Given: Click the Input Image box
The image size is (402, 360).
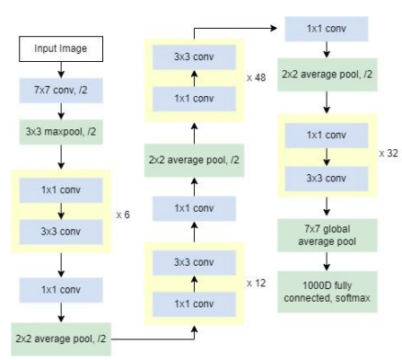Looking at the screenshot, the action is click(x=61, y=49).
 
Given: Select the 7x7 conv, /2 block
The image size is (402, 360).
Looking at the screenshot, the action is click(x=61, y=91).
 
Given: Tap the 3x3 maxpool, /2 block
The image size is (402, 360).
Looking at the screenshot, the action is click(x=61, y=132).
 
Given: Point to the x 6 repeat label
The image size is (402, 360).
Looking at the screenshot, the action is click(x=123, y=215).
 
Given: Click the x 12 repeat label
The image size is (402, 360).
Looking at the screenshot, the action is click(x=257, y=283).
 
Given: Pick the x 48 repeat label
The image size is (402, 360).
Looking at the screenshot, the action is click(x=257, y=78).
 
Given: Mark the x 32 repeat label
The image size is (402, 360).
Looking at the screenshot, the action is click(x=389, y=154).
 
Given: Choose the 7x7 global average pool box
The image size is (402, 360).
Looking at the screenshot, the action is click(x=328, y=235).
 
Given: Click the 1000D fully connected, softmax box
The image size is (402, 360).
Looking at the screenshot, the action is click(x=328, y=292).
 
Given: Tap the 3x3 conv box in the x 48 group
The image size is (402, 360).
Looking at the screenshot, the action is click(x=194, y=57).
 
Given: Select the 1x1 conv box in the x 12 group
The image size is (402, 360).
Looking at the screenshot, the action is click(x=194, y=304).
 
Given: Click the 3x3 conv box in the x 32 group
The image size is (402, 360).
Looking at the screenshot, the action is click(x=327, y=179).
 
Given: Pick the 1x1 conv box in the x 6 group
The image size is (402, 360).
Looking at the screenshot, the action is click(x=61, y=190).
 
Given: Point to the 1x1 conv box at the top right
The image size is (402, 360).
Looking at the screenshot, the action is click(x=327, y=29).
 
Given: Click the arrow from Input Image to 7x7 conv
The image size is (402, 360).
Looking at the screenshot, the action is click(x=61, y=70).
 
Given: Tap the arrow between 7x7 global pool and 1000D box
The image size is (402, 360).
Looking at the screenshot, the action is click(x=327, y=261).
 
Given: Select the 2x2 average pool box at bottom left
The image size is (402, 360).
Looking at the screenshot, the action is click(x=61, y=339).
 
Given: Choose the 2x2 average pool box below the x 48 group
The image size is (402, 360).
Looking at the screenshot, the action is click(x=194, y=161).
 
